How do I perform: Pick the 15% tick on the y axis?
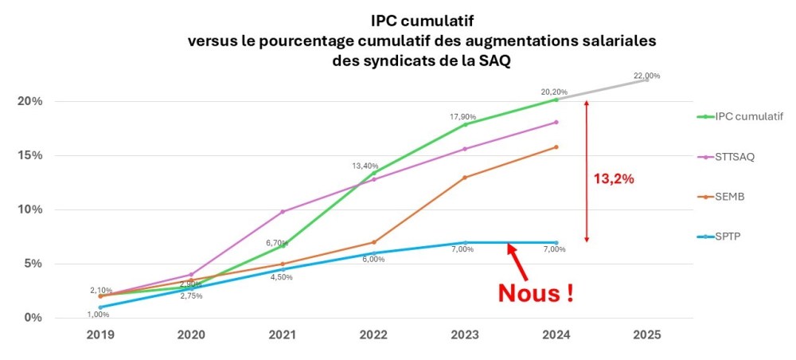[30, 155]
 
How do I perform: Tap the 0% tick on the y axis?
[33, 318]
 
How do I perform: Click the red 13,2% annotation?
[614, 179]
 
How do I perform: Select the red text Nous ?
[537, 292]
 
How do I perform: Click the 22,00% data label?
[646, 76]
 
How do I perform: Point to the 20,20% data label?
[555, 92]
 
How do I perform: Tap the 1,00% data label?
[99, 315]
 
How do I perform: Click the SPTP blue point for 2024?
[556, 242]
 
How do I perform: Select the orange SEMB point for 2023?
[465, 177]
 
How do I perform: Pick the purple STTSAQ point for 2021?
[283, 211]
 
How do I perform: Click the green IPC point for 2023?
[465, 124]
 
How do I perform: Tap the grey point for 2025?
[646, 80]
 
